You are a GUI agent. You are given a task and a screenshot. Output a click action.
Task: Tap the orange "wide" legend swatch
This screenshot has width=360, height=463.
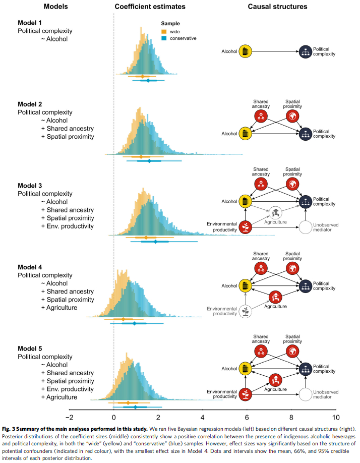(x=164, y=31)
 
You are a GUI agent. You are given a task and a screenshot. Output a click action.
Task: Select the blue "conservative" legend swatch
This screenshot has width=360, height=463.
(x=164, y=38)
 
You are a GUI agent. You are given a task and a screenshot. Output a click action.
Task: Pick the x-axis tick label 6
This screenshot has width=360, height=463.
(x=247, y=418)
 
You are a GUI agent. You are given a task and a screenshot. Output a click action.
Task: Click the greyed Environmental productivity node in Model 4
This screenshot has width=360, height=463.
(x=245, y=311)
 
